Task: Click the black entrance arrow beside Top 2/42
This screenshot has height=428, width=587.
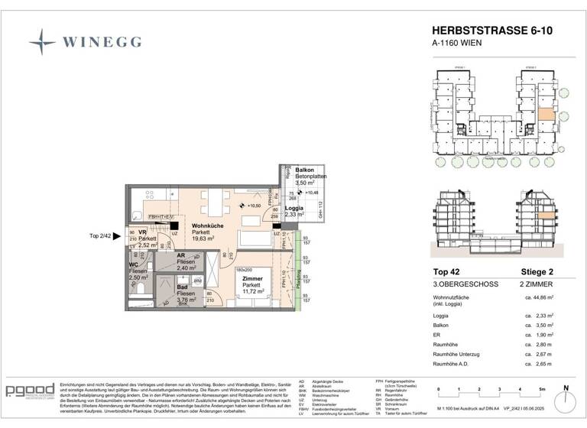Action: (117, 237)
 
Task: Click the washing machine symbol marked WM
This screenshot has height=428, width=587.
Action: (198, 280)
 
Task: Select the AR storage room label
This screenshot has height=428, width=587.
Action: (181, 256)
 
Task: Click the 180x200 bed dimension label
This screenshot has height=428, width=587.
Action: (244, 270)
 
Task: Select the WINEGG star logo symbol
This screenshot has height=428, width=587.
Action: (42, 41)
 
